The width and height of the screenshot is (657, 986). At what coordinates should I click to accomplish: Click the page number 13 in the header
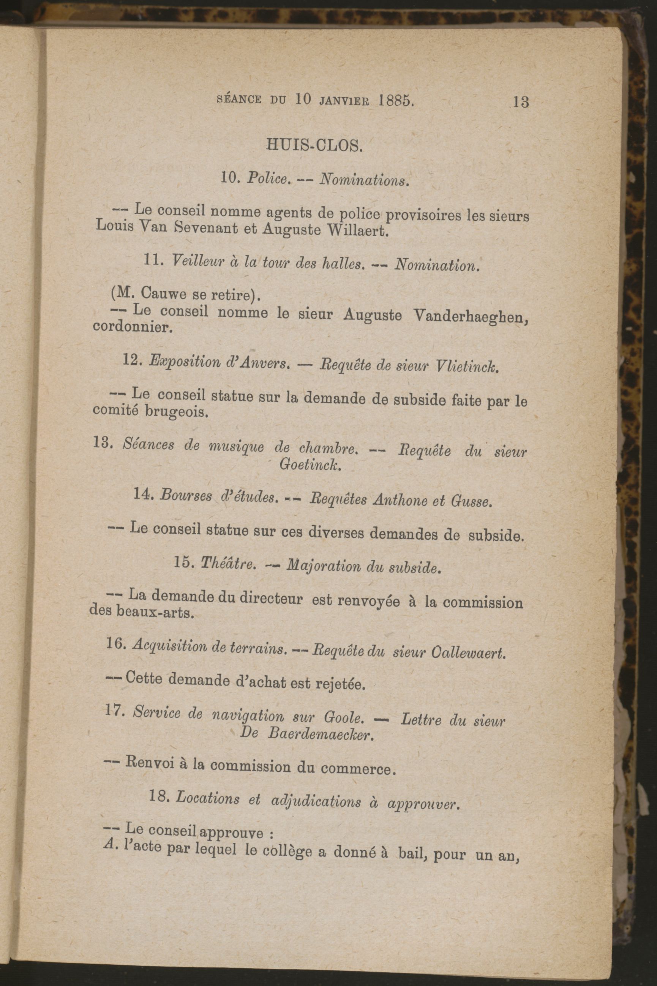coord(520,102)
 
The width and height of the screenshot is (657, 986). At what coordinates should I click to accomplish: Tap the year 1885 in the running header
coord(395,101)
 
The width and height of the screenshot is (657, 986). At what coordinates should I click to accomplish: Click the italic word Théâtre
coord(228,564)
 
